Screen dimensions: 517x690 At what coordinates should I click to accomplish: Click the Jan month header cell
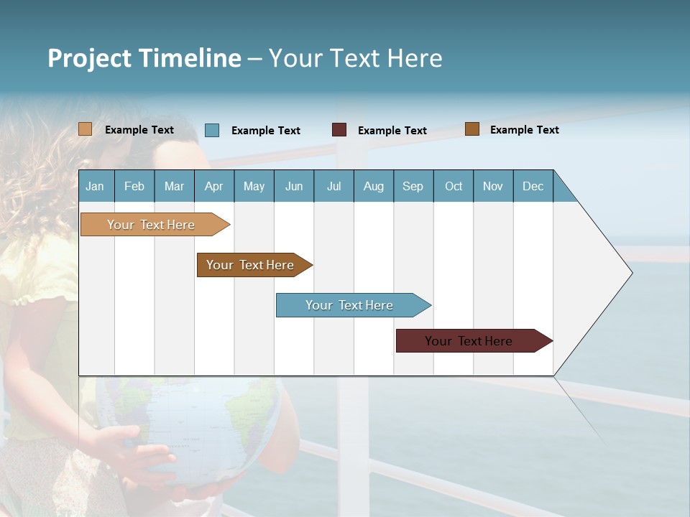[x=96, y=186]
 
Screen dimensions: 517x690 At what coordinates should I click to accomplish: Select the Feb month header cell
[x=134, y=186]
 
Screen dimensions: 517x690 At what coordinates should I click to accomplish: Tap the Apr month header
[x=213, y=186]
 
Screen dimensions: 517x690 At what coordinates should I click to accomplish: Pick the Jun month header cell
[x=294, y=186]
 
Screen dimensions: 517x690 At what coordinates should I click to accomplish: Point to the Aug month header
[x=373, y=186]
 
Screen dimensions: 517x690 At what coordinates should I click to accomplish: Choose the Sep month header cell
[x=413, y=186]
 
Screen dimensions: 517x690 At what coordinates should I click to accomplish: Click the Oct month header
[x=454, y=186]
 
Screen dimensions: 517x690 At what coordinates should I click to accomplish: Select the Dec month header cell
[x=533, y=186]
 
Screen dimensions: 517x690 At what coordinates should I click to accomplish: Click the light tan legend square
[x=85, y=129]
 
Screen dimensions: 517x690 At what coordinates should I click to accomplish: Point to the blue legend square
[x=212, y=130]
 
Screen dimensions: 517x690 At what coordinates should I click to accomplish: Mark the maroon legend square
[x=339, y=130]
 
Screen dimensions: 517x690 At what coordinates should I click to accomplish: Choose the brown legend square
[x=472, y=129]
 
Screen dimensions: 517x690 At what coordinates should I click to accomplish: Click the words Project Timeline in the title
[x=144, y=58]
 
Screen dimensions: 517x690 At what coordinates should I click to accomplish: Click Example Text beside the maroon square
[x=392, y=131]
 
